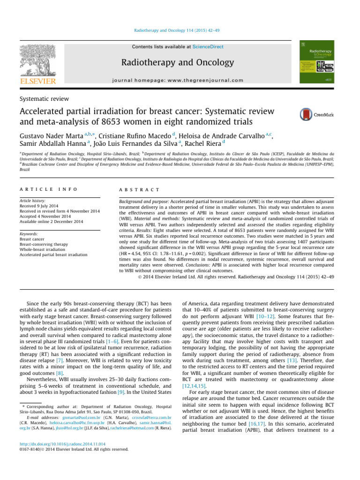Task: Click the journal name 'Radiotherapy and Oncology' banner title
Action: point(177,62)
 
